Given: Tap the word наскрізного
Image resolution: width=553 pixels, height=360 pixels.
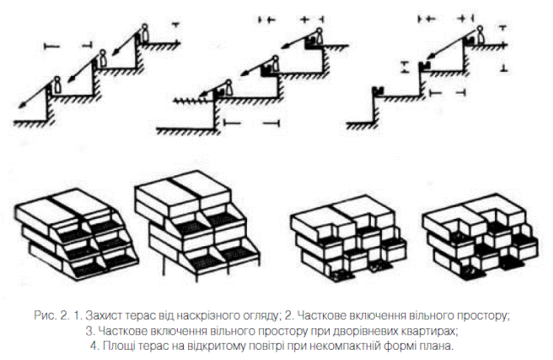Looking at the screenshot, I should tap(232, 316).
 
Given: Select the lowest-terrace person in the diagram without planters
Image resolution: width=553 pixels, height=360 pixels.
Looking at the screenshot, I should tap(57, 84).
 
